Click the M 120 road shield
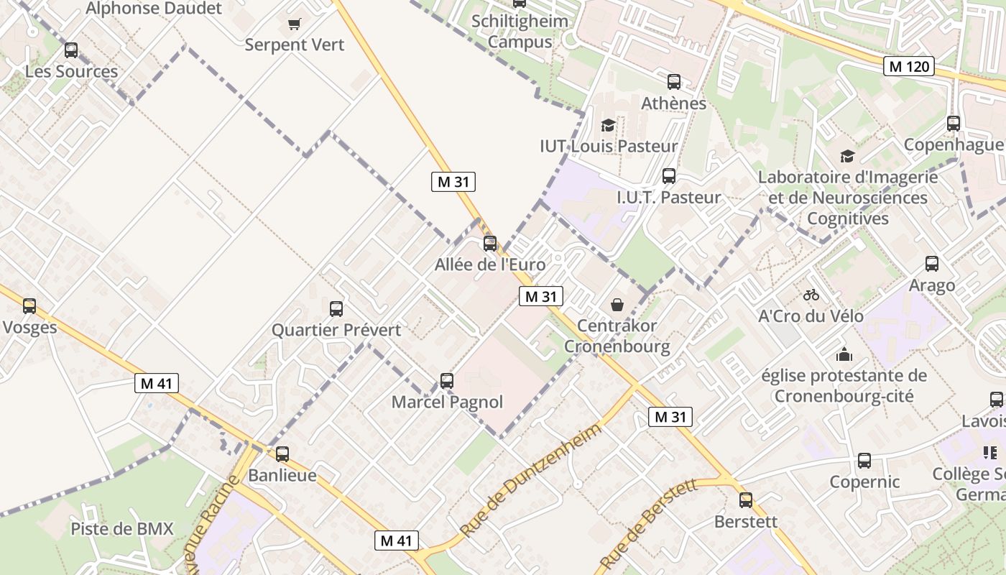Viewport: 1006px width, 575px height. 909,67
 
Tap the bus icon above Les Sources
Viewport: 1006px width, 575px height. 71,50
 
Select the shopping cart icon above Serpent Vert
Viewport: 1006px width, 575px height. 293,24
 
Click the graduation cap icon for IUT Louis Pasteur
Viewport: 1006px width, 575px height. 609,126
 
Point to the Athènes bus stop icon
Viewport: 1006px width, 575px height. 673,82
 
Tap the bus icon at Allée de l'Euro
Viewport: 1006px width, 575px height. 490,244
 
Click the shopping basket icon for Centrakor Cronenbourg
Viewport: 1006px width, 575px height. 617,305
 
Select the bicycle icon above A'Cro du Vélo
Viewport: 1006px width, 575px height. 811,295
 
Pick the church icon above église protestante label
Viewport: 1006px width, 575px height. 844,354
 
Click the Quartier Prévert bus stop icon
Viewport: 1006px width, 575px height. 336,309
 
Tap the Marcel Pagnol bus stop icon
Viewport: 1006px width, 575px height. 447,381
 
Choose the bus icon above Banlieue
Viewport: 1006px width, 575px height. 282,454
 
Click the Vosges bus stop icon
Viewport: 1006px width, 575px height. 29,306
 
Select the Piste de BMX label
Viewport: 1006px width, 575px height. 122,529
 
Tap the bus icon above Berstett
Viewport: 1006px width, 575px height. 746,500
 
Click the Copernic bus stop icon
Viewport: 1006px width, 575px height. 864,461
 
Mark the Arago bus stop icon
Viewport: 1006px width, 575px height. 932,264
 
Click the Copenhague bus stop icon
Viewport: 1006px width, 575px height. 954,124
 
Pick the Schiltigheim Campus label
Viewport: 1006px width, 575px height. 520,31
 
